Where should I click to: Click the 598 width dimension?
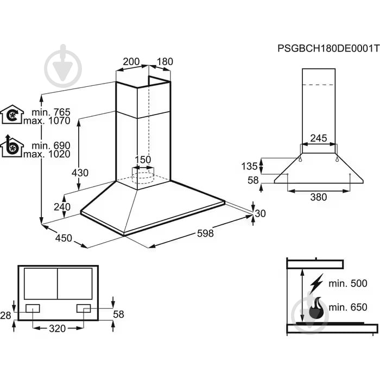[205, 233]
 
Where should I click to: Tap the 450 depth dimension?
[64, 238]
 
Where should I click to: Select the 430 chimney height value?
[80, 173]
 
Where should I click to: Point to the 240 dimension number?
[62, 207]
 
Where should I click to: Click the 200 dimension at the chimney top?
[131, 61]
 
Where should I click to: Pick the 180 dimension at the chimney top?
[165, 61]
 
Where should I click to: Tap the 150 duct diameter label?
[143, 160]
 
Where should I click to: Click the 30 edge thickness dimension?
[260, 213]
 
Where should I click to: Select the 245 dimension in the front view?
[319, 138]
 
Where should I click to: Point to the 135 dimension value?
[249, 166]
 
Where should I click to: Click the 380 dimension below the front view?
[319, 197]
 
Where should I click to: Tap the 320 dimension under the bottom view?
[58, 328]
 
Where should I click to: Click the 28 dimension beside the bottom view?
[5, 315]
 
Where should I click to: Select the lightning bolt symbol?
[316, 284]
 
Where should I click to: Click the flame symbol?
[316, 308]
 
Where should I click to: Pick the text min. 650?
[348, 307]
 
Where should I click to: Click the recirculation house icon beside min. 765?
[12, 115]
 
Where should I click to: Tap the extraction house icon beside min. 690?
[12, 146]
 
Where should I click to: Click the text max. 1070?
[47, 121]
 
